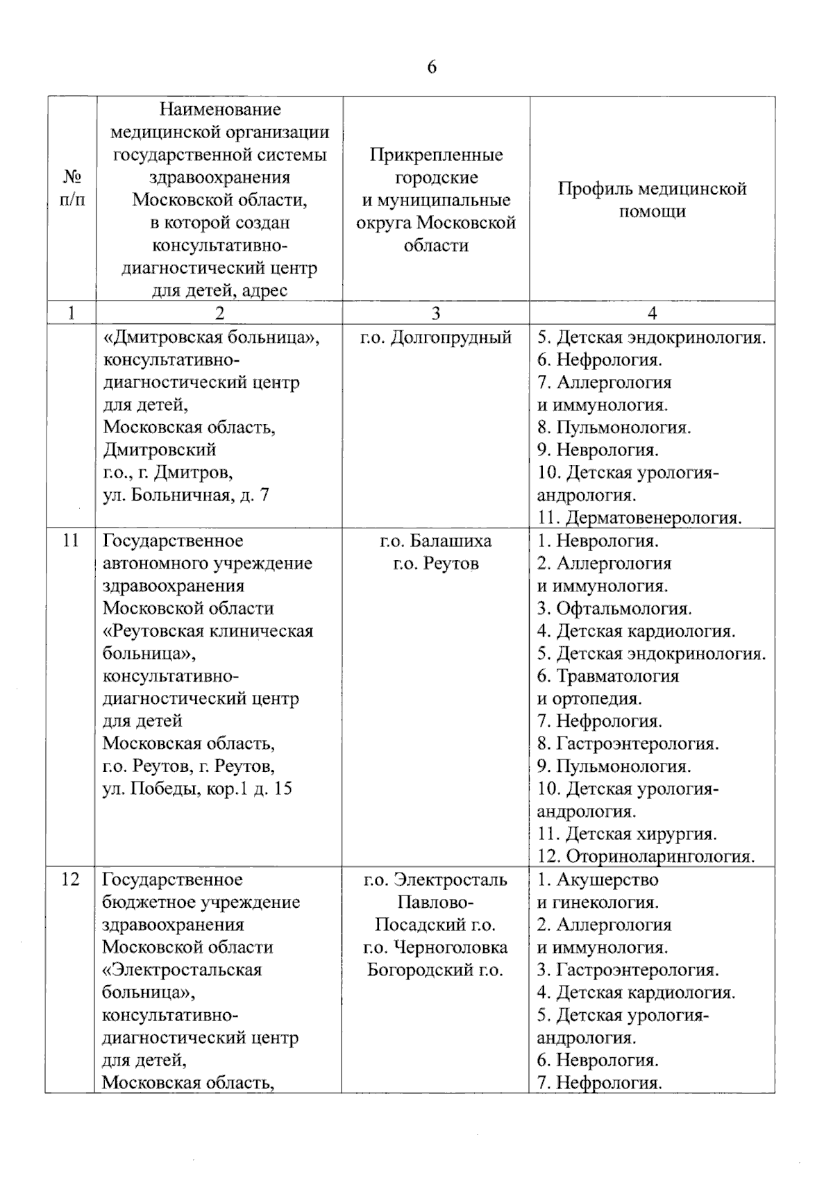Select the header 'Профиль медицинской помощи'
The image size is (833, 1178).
tap(652, 200)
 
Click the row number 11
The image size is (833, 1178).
tap(71, 540)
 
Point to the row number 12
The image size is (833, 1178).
tap(71, 880)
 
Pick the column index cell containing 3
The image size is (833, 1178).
tap(435, 313)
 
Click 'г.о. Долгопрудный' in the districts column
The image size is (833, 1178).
tap(435, 337)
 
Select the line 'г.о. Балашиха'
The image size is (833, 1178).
tap(435, 540)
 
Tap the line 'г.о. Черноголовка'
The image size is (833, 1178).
tap(435, 947)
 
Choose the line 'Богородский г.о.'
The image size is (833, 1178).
tap(435, 970)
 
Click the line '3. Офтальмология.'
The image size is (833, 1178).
tap(614, 608)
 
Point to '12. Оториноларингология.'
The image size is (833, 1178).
tap(646, 857)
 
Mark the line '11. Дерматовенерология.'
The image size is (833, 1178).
tap(639, 518)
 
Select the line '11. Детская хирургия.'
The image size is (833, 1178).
tap(627, 834)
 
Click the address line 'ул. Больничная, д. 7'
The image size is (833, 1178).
tap(185, 495)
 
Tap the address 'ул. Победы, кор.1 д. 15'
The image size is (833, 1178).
tap(197, 789)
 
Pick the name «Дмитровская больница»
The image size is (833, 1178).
tap(211, 337)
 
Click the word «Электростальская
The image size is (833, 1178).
tap(182, 970)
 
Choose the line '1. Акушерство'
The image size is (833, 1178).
tap(598, 880)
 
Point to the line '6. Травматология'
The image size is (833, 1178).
tap(608, 675)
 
